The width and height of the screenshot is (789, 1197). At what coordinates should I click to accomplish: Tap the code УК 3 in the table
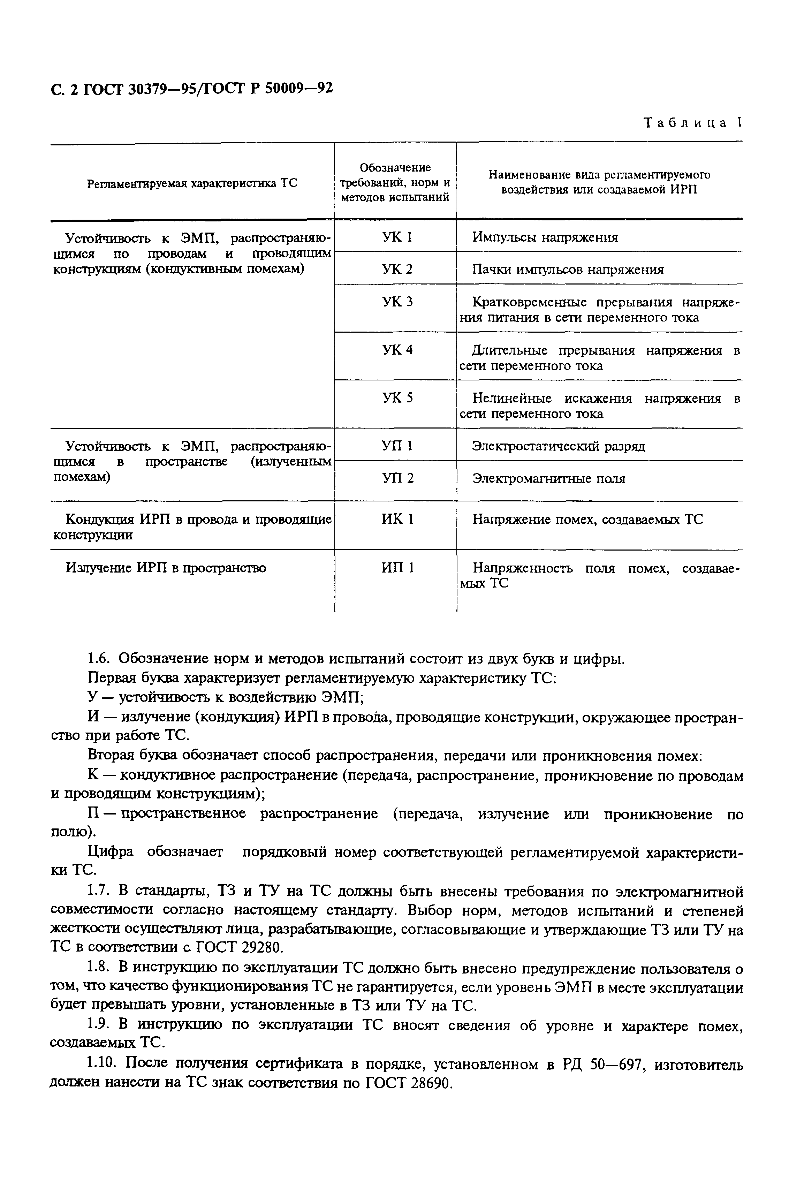[x=397, y=302]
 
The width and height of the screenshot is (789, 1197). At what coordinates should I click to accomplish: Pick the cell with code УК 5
[x=397, y=398]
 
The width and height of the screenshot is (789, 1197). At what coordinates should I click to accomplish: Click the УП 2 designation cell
[x=397, y=478]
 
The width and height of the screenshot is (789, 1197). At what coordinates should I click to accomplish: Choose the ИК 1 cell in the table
[x=397, y=519]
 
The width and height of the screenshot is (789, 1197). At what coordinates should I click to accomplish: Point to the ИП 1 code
[x=397, y=568]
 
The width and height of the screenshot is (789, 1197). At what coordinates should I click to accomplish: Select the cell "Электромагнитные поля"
[x=548, y=478]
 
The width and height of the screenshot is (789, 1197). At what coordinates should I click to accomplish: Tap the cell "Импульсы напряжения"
[x=545, y=237]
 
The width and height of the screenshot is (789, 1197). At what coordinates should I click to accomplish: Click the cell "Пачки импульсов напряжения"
[x=568, y=270]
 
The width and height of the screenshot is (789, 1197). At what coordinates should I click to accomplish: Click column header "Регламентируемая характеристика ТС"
[x=192, y=183]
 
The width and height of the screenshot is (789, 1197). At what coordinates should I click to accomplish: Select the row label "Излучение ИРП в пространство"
[x=166, y=568]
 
